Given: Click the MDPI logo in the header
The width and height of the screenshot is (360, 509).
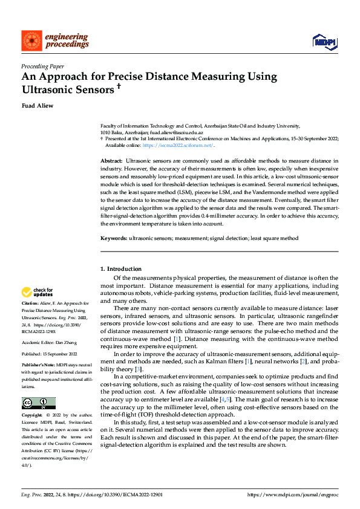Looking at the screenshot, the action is [x=324, y=41].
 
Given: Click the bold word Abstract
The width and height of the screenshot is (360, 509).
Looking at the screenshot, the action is [x=111, y=161].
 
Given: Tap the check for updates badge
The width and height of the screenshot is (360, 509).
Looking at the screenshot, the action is [x=38, y=293].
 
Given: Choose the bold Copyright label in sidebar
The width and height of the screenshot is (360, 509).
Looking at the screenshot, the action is [x=32, y=416].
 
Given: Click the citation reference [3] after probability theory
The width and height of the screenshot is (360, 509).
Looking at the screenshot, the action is [x=139, y=369].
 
